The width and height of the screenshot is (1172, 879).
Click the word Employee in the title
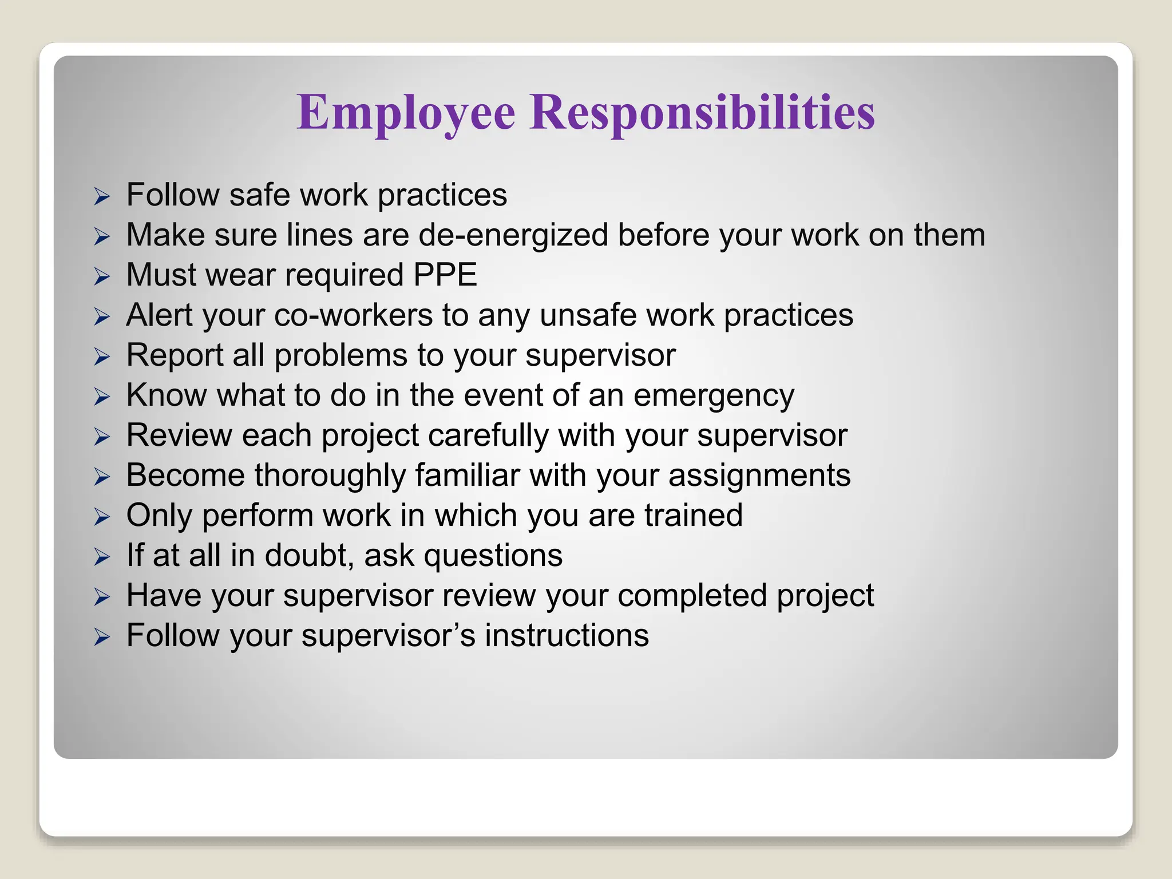point(406,112)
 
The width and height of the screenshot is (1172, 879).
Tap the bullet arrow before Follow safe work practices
point(102,197)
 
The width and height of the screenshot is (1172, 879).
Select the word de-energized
point(513,236)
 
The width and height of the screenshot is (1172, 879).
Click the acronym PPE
point(445,275)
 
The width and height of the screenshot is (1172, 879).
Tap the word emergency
point(714,396)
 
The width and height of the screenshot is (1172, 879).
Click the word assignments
point(759,476)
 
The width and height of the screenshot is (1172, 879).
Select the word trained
point(694,516)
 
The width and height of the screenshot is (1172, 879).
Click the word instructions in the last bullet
point(567,636)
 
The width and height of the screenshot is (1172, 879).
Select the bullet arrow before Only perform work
point(102,517)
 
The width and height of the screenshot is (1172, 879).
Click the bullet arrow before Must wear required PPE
point(102,277)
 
